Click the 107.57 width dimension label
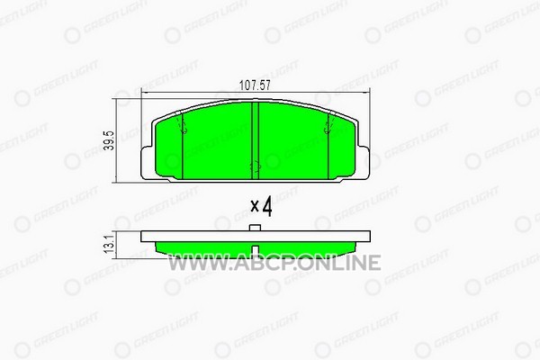pos(255,85)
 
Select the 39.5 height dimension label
pos(109,140)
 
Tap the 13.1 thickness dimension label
pos(109,245)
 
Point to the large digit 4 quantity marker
pos(267,206)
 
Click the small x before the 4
pos(255,206)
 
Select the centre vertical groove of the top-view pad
pos(256,140)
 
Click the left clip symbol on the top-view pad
pos(182,123)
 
